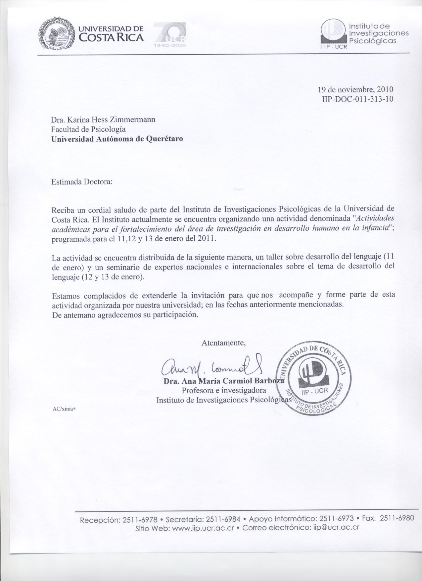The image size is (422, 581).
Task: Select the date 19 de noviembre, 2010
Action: pos(355,89)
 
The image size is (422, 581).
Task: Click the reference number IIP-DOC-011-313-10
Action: pos(357,99)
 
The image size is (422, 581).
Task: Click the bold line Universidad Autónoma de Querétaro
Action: pos(117,139)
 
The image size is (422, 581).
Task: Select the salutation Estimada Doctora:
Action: pos(82,182)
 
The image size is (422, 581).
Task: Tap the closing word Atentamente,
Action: pos(223,343)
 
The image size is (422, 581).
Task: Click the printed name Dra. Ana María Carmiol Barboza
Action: pos(224,381)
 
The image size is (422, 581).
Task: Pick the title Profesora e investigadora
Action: pos(224,390)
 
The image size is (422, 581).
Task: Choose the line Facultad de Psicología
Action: pos(88,129)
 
